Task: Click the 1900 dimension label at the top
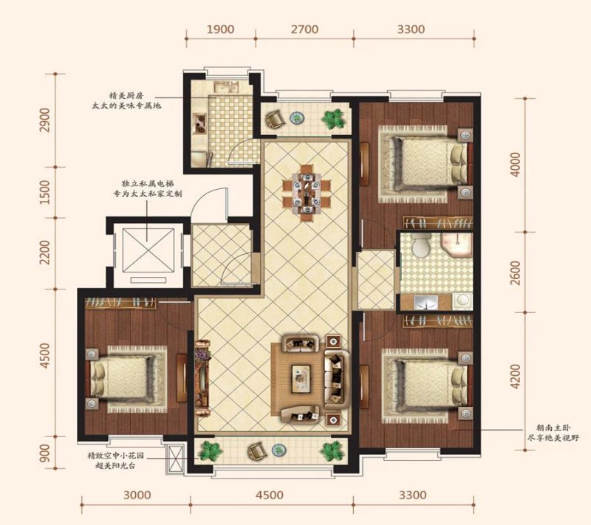[x=220, y=29]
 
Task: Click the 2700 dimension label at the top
[x=304, y=29]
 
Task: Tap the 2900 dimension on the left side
[x=45, y=120]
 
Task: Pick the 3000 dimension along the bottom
[x=137, y=495]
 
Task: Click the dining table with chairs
[x=307, y=192]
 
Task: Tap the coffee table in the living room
[x=301, y=379]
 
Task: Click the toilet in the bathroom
[x=421, y=245]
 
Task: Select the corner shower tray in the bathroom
[x=457, y=245]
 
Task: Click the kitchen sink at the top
[x=227, y=87]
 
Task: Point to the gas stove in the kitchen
[x=199, y=123]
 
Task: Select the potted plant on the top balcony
[x=334, y=119]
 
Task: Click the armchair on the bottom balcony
[x=257, y=450]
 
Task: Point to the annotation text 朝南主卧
[x=553, y=428]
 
